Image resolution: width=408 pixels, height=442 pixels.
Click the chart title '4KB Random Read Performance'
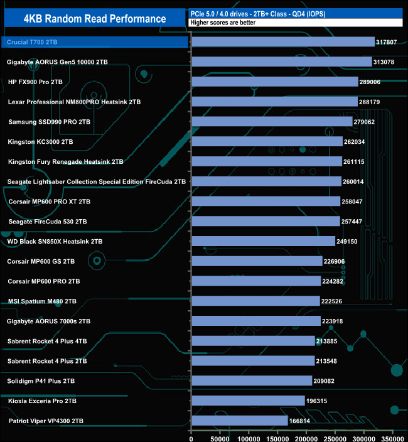pos(94,19)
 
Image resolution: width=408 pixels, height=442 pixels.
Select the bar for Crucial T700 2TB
pos(282,42)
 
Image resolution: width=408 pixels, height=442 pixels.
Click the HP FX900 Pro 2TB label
pos(35,82)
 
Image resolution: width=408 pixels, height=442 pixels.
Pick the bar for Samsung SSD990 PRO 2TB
pos(271,122)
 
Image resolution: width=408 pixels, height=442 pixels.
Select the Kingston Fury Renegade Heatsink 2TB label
pos(65,161)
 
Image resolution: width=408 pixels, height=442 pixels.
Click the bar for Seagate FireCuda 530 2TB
pos(265,222)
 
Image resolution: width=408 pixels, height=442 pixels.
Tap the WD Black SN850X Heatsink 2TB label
pos(55,241)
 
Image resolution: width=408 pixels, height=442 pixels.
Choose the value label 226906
pos(337,261)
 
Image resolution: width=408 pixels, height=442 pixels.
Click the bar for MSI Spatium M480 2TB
pos(255,301)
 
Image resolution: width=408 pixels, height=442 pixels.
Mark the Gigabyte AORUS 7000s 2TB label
pos(48,321)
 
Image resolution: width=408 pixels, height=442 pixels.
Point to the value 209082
pos(327,380)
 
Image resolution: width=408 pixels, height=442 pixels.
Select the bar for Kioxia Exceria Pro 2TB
pos(247,401)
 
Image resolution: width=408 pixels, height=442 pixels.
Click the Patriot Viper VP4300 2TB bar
pos(239,421)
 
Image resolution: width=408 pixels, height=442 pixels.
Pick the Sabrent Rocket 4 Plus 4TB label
pos(47,341)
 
